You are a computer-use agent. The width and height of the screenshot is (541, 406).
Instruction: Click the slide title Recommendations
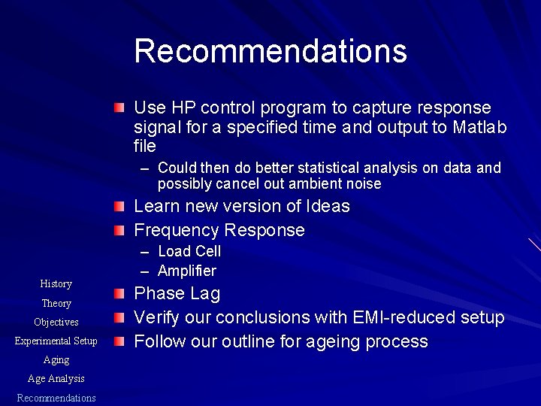(x=270, y=51)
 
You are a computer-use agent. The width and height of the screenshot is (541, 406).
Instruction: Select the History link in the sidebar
(x=56, y=283)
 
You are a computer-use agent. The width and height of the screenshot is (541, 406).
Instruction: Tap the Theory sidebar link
(x=56, y=303)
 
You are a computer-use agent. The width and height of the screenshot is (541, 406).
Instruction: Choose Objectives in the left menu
(x=56, y=322)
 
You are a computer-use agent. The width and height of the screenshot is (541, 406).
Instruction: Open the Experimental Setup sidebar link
(x=56, y=341)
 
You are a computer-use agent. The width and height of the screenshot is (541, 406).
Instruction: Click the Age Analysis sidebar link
(x=56, y=378)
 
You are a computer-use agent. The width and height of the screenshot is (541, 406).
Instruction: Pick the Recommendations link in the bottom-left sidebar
(x=56, y=398)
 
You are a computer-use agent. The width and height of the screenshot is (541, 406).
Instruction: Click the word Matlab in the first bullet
(x=481, y=127)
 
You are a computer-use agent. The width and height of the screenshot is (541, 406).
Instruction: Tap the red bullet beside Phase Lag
(x=120, y=293)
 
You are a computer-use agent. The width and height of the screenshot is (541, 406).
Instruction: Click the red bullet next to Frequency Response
(x=120, y=230)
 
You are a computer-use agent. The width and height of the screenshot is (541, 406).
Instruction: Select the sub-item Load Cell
(x=189, y=251)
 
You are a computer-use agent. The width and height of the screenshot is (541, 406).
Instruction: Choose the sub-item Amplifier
(x=187, y=271)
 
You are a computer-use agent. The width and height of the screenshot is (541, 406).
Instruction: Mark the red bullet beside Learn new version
(x=120, y=206)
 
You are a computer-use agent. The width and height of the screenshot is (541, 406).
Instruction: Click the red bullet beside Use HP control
(x=120, y=108)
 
